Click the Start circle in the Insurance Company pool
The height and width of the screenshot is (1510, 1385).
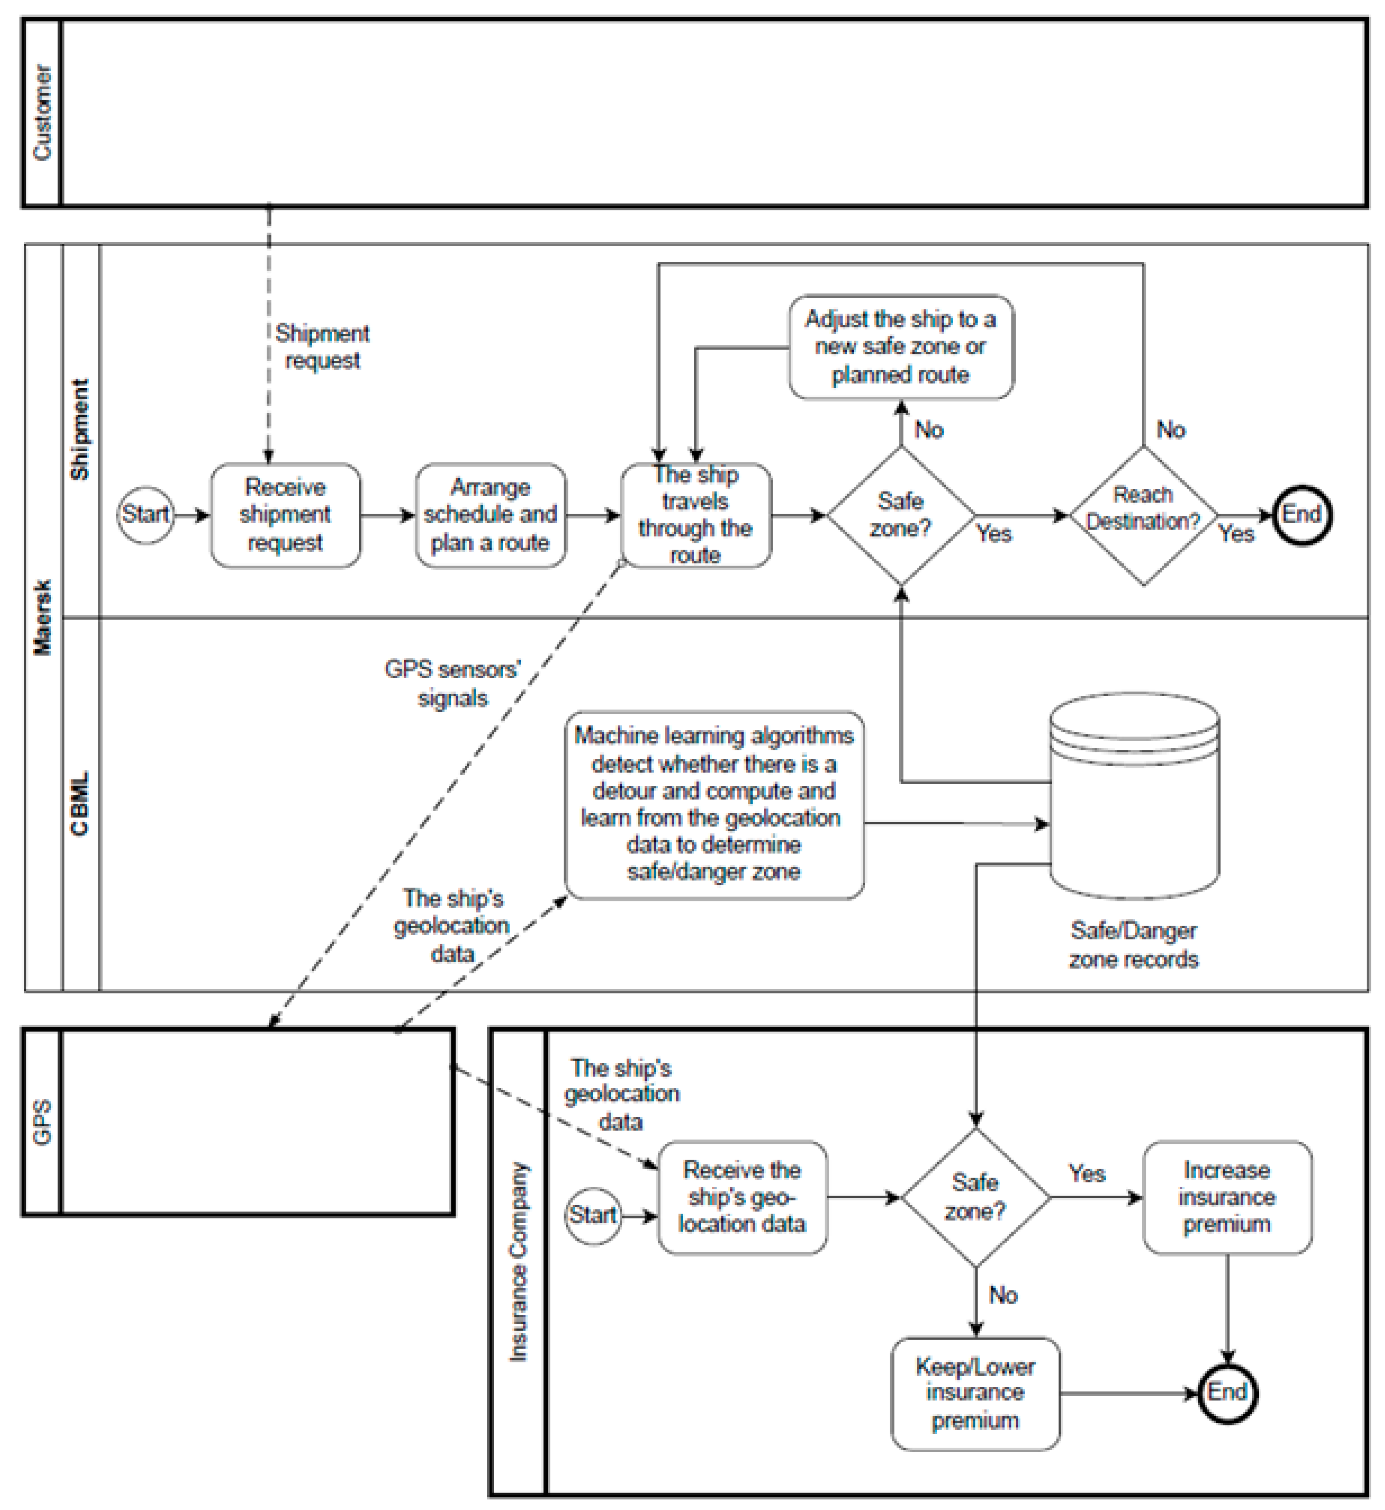593,1215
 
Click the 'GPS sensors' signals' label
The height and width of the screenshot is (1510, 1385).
452,683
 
